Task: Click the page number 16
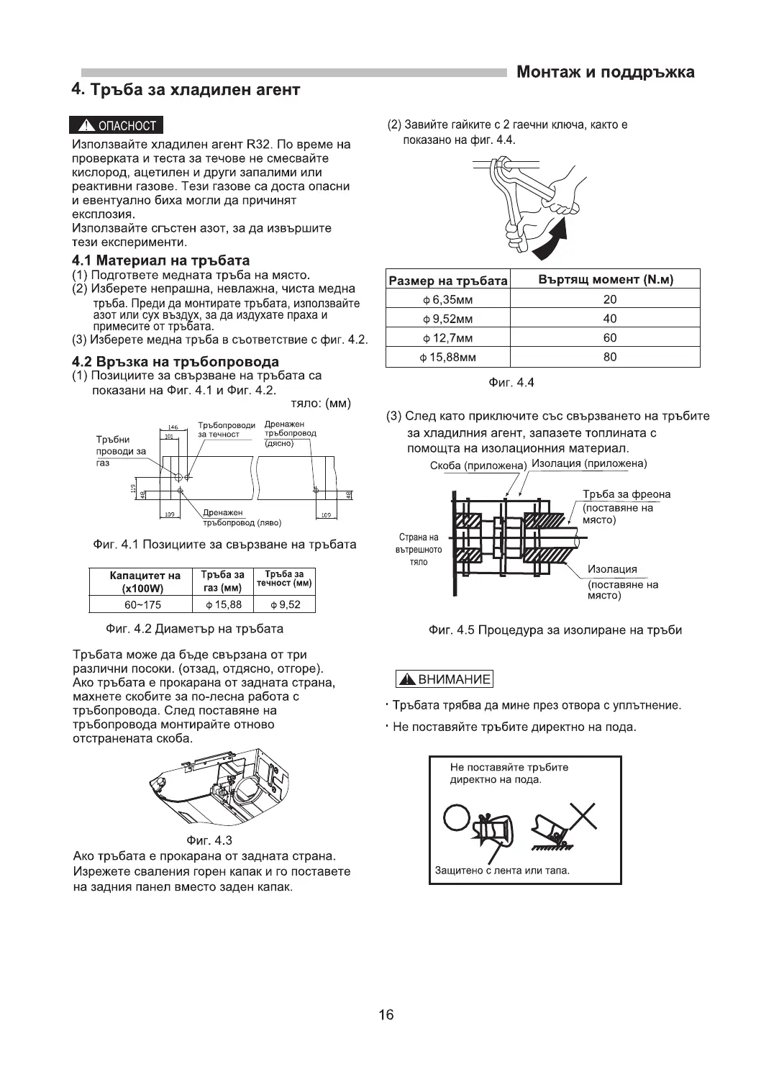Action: coord(386,1015)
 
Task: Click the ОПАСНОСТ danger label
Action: coord(117,125)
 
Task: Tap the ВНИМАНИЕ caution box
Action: coord(445,679)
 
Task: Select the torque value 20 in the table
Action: coord(610,299)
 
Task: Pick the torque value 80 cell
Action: coord(610,357)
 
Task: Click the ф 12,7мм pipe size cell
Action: coord(448,338)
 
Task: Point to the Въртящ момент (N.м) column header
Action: coord(606,280)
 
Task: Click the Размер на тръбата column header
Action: coord(447,281)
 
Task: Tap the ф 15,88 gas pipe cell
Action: coord(223,604)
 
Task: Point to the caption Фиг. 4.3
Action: coord(209,840)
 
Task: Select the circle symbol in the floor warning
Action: coord(457,817)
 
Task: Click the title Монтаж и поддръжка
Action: coord(606,72)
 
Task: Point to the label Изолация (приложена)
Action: coord(589,463)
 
